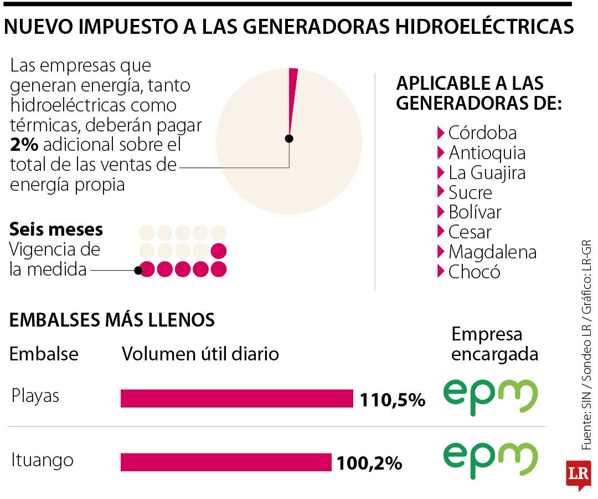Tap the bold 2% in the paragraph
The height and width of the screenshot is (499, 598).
(x=24, y=145)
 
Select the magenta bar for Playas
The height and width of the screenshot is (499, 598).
(x=236, y=398)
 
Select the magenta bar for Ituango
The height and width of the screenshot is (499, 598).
(x=225, y=462)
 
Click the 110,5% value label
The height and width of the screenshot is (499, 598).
(x=392, y=400)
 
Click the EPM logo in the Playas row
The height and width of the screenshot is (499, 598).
(x=490, y=397)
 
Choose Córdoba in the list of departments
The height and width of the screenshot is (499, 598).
(x=482, y=133)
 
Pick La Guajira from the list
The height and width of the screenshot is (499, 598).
(x=487, y=173)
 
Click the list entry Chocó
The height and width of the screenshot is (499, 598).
(x=474, y=272)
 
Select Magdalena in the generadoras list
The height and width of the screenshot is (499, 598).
(x=492, y=252)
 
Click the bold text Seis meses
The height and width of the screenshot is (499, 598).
(x=56, y=230)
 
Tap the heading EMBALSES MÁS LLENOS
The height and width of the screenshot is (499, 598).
(x=112, y=320)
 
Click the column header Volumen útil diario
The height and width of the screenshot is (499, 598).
(x=200, y=354)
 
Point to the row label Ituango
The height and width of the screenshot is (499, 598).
(x=42, y=460)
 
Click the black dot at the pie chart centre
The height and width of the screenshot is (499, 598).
(x=289, y=139)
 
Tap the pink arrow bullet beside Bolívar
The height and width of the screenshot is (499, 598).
(x=441, y=212)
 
